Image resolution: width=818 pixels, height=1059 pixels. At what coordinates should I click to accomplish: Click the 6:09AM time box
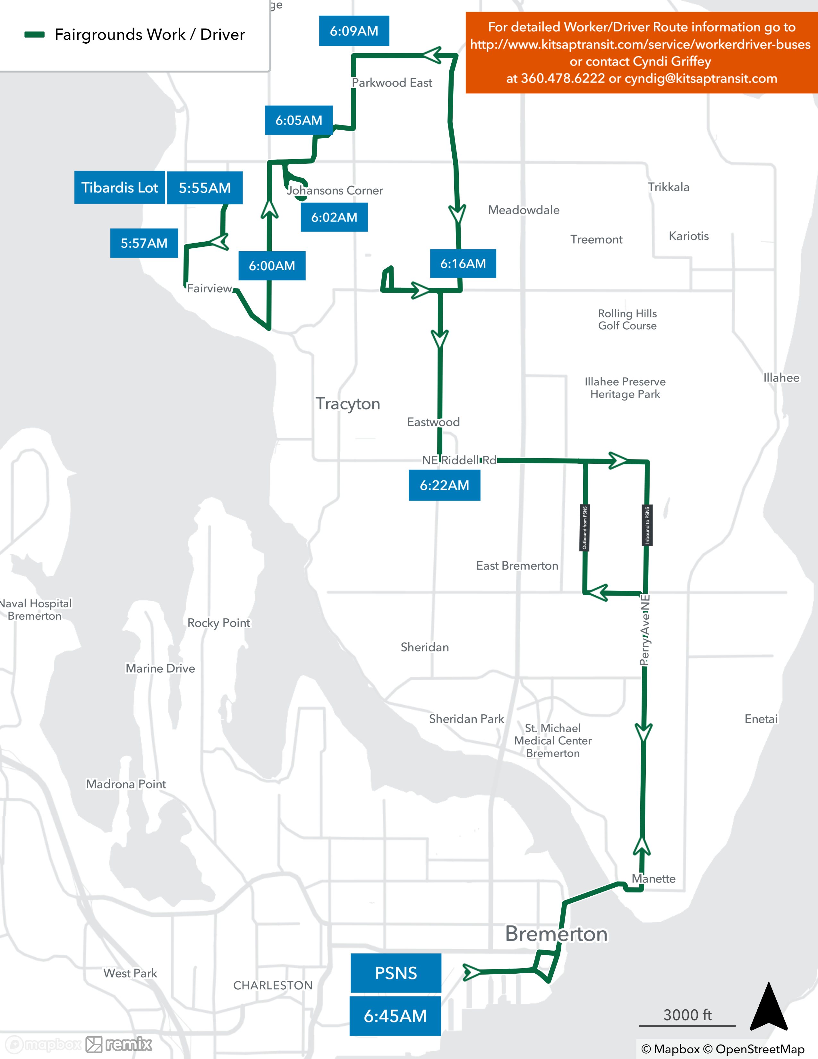coord(354,31)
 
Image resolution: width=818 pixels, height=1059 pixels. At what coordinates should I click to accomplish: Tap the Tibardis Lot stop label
coord(119,188)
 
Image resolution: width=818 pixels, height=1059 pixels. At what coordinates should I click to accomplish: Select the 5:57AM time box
coord(144,243)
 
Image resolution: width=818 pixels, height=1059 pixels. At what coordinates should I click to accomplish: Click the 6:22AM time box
coord(444,485)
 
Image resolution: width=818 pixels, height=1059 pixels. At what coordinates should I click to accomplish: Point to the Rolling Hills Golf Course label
coord(627,320)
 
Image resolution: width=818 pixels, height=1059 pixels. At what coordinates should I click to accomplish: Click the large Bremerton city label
coord(556,934)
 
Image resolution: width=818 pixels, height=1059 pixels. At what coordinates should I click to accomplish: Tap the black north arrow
coord(769,1006)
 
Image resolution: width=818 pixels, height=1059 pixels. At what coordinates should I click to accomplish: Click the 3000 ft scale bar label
coord(687,1015)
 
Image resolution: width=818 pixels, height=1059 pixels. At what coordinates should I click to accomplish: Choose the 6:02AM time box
coord(334,217)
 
